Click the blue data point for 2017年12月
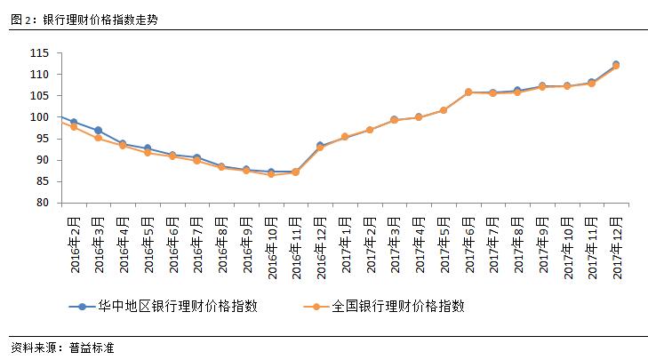pos(615,64)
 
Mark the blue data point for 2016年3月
pos(98,131)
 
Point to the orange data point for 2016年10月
pos(270,174)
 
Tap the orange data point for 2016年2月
pos(74,127)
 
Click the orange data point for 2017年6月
pos(468,92)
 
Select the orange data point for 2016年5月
pos(148,152)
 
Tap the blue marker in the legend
pos(83,306)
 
